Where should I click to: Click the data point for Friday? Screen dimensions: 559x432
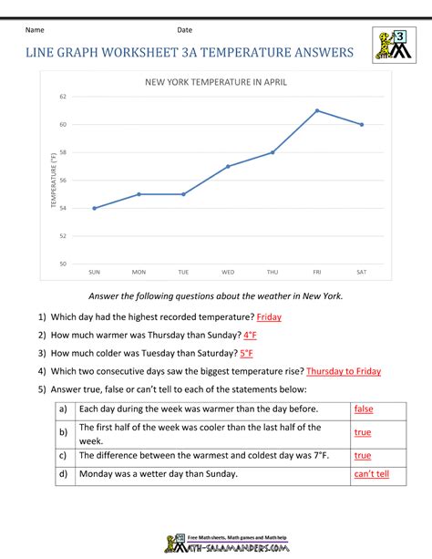pyautogui.click(x=317, y=110)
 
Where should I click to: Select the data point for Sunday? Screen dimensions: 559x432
pyautogui.click(x=94, y=208)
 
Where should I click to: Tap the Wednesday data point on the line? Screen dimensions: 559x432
pyautogui.click(x=228, y=166)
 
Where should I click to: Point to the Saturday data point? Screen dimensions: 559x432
pyautogui.click(x=362, y=124)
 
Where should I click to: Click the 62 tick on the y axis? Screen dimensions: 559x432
pyautogui.click(x=62, y=97)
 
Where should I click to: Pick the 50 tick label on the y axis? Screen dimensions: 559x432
pyautogui.click(x=62, y=264)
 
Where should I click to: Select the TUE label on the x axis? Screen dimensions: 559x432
pyautogui.click(x=183, y=272)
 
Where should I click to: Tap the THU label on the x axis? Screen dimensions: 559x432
pyautogui.click(x=273, y=272)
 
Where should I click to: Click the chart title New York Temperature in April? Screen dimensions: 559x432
pyautogui.click(x=216, y=82)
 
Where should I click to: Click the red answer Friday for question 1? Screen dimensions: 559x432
pyautogui.click(x=269, y=316)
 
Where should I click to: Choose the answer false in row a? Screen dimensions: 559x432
pyautogui.click(x=364, y=409)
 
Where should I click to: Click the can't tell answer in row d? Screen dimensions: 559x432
pyautogui.click(x=371, y=474)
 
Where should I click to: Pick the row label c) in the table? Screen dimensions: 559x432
pyautogui.click(x=63, y=455)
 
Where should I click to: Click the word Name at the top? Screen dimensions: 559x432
pyautogui.click(x=35, y=30)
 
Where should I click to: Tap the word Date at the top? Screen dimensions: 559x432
pyautogui.click(x=185, y=30)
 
